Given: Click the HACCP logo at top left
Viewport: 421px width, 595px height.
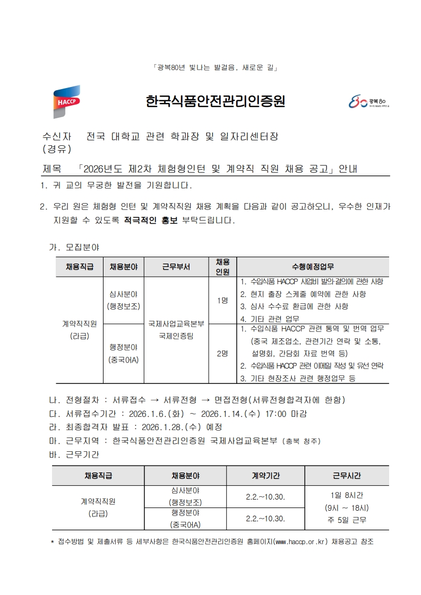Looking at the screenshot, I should coord(66,101).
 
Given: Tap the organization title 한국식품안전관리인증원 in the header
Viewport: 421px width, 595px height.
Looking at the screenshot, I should coord(215,102).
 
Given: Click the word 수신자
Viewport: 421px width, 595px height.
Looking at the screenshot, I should coord(58,137).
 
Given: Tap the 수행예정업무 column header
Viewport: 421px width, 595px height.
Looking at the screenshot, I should coord(313,267).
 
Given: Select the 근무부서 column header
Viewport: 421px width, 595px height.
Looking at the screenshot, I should coord(176,267).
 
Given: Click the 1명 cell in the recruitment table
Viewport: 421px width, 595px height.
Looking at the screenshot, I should coord(222,301).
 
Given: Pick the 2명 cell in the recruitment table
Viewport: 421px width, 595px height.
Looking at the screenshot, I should coord(222,354).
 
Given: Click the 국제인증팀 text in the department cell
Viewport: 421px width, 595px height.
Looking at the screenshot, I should coord(176,336).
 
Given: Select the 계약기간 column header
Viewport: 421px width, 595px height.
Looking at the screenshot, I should coord(265,475).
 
